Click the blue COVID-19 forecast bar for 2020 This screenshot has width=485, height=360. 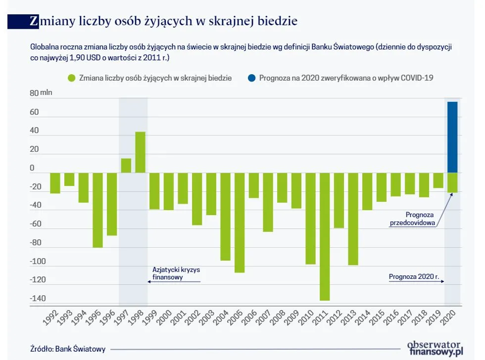click(452, 137)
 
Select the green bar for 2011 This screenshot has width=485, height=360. click(325, 236)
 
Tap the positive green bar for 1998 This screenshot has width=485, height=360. click(140, 152)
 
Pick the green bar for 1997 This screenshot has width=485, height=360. click(126, 166)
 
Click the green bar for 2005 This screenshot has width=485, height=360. click(240, 223)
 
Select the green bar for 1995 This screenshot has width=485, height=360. click(97, 210)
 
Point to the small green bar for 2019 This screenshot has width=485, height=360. click(438, 180)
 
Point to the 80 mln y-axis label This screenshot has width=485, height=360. click(41, 93)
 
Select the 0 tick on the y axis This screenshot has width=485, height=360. click(32, 168)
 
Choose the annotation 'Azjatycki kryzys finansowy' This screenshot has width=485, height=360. click(173, 273)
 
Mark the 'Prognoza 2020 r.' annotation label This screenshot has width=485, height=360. click(414, 277)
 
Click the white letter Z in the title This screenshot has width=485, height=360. click(34, 21)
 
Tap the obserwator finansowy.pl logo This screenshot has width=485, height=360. click(435, 348)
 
